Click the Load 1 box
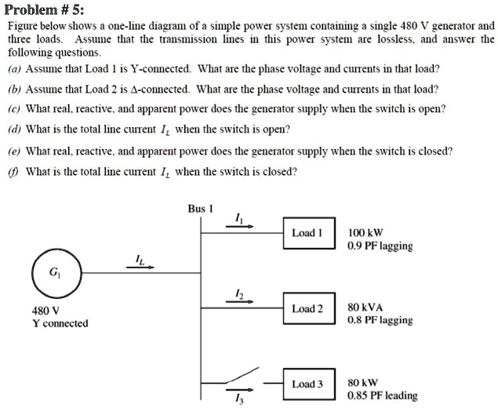[307, 233]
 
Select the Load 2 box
[307, 308]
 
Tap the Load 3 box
[307, 384]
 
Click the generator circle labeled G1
[54, 274]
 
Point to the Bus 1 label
[200, 209]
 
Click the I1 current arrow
[239, 224]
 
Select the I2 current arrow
[239, 300]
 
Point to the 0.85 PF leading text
[382, 395]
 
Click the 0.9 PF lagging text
[379, 246]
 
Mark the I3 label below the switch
[238, 399]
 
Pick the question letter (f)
[14, 170]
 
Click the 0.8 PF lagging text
[379, 320]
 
